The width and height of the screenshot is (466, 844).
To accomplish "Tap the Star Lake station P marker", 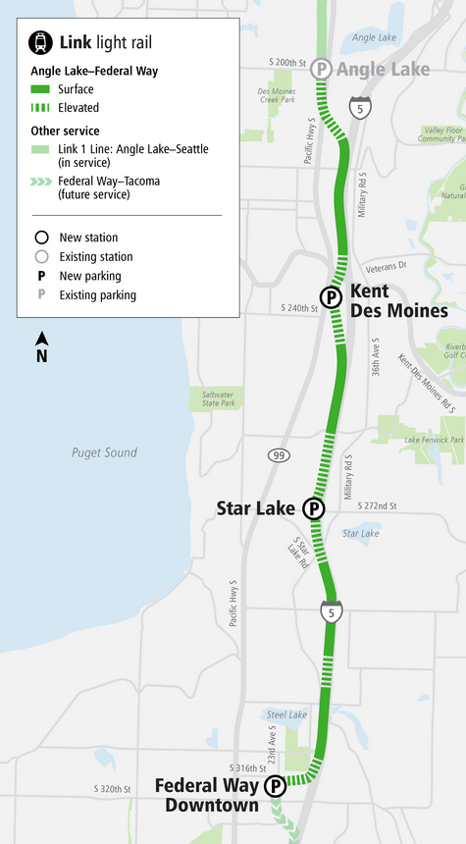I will pos(313,508).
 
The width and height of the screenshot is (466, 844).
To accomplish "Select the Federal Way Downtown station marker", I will pos(275,785).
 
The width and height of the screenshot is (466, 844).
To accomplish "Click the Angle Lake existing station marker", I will pos(320,70).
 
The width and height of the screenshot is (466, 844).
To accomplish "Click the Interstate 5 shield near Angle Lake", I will pos(362,109).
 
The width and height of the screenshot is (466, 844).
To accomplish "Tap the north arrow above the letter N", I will pos(41,340).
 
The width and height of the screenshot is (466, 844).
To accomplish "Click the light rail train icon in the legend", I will pos(41,42).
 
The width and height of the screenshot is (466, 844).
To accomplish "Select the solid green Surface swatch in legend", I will pos(42,89).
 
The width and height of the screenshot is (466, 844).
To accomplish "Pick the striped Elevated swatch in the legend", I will pos(42,108).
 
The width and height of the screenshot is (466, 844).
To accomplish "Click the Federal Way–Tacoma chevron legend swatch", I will pos(42,181).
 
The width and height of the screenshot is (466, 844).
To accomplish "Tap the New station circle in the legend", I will pos(41,237).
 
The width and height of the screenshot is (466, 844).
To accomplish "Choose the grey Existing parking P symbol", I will pos(41,294).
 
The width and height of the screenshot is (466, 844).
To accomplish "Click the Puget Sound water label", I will pos(104,452).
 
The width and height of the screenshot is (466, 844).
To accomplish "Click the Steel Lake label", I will pos(287,714).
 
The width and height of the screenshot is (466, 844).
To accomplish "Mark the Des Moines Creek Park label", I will pos(277,95).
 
